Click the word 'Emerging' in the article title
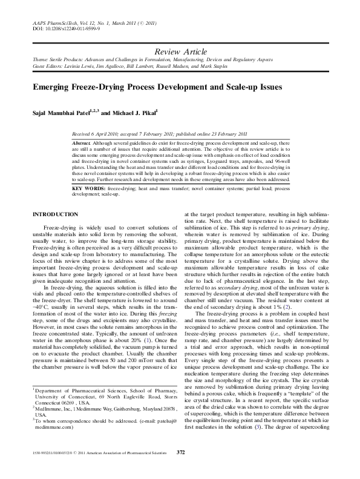click(56, 87)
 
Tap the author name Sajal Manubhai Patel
click(64, 113)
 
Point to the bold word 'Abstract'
click(82, 140)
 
